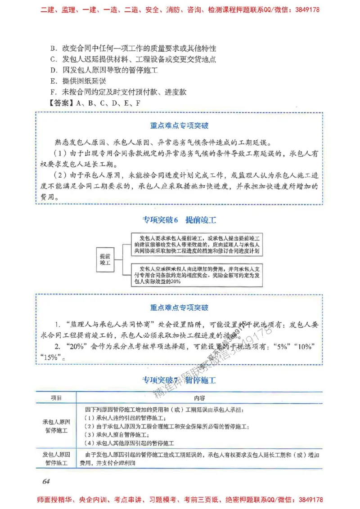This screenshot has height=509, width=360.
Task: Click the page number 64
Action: pyautogui.click(x=45, y=482)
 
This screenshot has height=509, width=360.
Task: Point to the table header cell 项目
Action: pyautogui.click(x=56, y=398)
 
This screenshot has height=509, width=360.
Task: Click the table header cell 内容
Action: pyautogui.click(x=200, y=398)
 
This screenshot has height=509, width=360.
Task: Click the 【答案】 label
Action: pyautogui.click(x=61, y=103)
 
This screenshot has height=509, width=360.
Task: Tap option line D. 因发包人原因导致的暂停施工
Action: pyautogui.click(x=107, y=70)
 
